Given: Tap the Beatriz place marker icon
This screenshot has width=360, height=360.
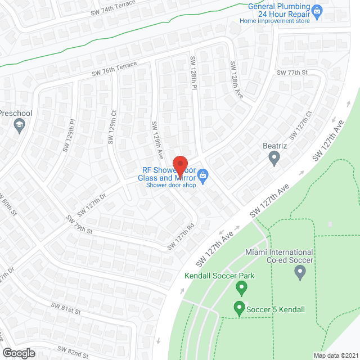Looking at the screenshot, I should coord(274,158).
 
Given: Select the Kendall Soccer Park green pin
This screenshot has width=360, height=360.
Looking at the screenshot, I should coord(242,288).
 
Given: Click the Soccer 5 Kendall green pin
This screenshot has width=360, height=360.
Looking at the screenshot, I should coord(238,309).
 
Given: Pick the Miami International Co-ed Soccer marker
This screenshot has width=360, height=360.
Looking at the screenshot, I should coord(300,273).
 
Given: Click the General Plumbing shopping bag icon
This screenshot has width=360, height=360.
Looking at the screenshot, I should coord(317,10).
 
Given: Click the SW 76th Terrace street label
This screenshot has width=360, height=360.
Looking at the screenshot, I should coord(115,70).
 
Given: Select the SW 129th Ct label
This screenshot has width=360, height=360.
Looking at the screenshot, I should coord(112,126).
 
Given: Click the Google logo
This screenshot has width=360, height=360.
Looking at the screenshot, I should coord(19,353).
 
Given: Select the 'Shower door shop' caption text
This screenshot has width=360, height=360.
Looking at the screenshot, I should coord(171,185).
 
